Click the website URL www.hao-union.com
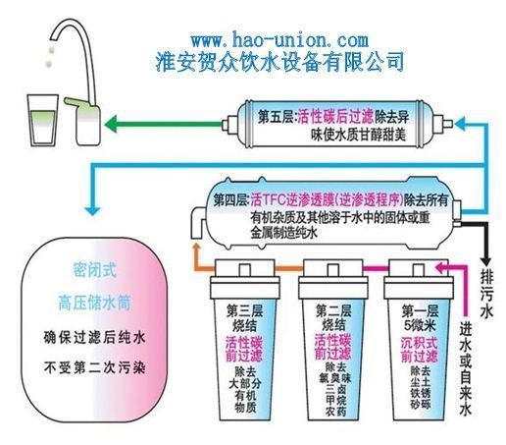(x=278, y=40)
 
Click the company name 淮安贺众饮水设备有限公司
(x=279, y=61)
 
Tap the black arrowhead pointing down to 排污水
(x=486, y=253)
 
